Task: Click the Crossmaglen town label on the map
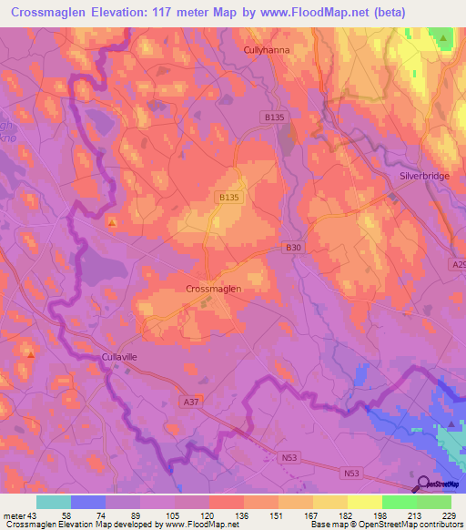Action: [x=213, y=288]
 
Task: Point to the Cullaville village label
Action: [x=119, y=358]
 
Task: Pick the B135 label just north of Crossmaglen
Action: [x=229, y=198]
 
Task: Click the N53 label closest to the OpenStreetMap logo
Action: [x=352, y=473]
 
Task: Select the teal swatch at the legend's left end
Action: [x=54, y=502]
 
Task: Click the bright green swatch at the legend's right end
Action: [x=433, y=502]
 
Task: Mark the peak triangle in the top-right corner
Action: [x=444, y=38]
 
